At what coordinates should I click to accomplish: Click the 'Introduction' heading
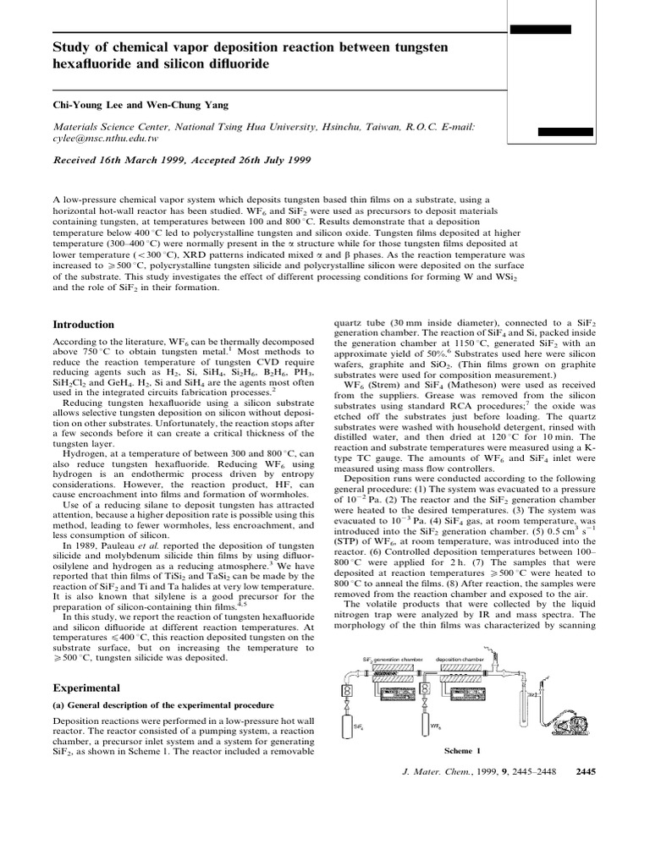click(x=83, y=325)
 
